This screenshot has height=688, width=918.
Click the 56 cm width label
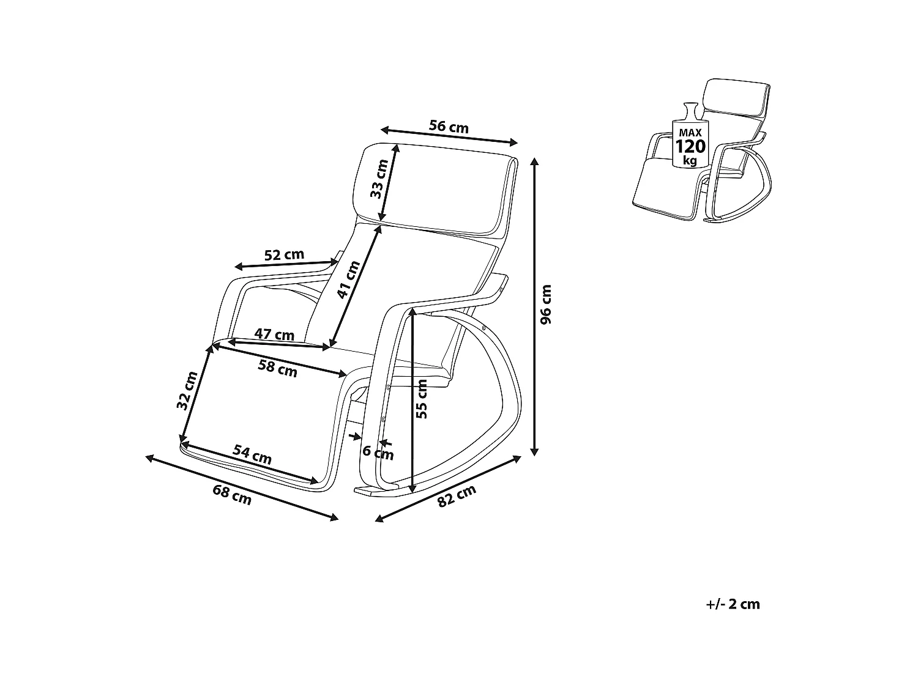pyautogui.click(x=449, y=127)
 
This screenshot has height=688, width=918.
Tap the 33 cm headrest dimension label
pyautogui.click(x=379, y=179)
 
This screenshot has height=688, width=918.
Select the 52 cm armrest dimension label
pyautogui.click(x=284, y=255)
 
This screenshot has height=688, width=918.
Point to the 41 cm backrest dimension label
pyautogui.click(x=349, y=279)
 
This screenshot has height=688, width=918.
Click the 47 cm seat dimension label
pyautogui.click(x=274, y=335)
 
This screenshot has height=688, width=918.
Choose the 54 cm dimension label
pyautogui.click(x=252, y=455)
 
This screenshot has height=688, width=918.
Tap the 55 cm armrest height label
pyautogui.click(x=421, y=398)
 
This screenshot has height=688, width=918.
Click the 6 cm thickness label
pyautogui.click(x=378, y=453)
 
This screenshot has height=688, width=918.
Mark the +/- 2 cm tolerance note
pyautogui.click(x=733, y=604)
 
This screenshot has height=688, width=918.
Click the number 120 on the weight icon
pyautogui.click(x=690, y=146)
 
